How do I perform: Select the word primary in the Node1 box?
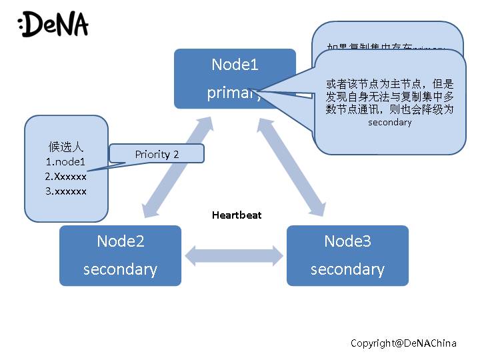point(230,93)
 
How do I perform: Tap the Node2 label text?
point(120,241)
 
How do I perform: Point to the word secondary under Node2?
point(120,269)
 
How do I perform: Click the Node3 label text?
point(347,241)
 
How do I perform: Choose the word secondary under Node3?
point(347,269)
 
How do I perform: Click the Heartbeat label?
point(237,215)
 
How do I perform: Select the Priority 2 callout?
point(157,154)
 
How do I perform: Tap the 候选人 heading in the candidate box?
point(65,147)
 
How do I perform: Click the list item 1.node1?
point(65,162)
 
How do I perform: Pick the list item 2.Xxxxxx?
point(65,177)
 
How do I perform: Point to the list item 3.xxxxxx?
point(65,191)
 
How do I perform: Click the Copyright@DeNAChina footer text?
point(403,343)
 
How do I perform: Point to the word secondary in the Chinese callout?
point(389,123)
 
